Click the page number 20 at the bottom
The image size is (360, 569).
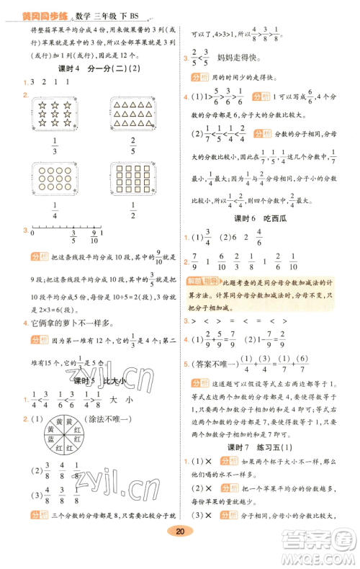point(180,551)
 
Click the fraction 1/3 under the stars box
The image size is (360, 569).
point(55,150)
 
